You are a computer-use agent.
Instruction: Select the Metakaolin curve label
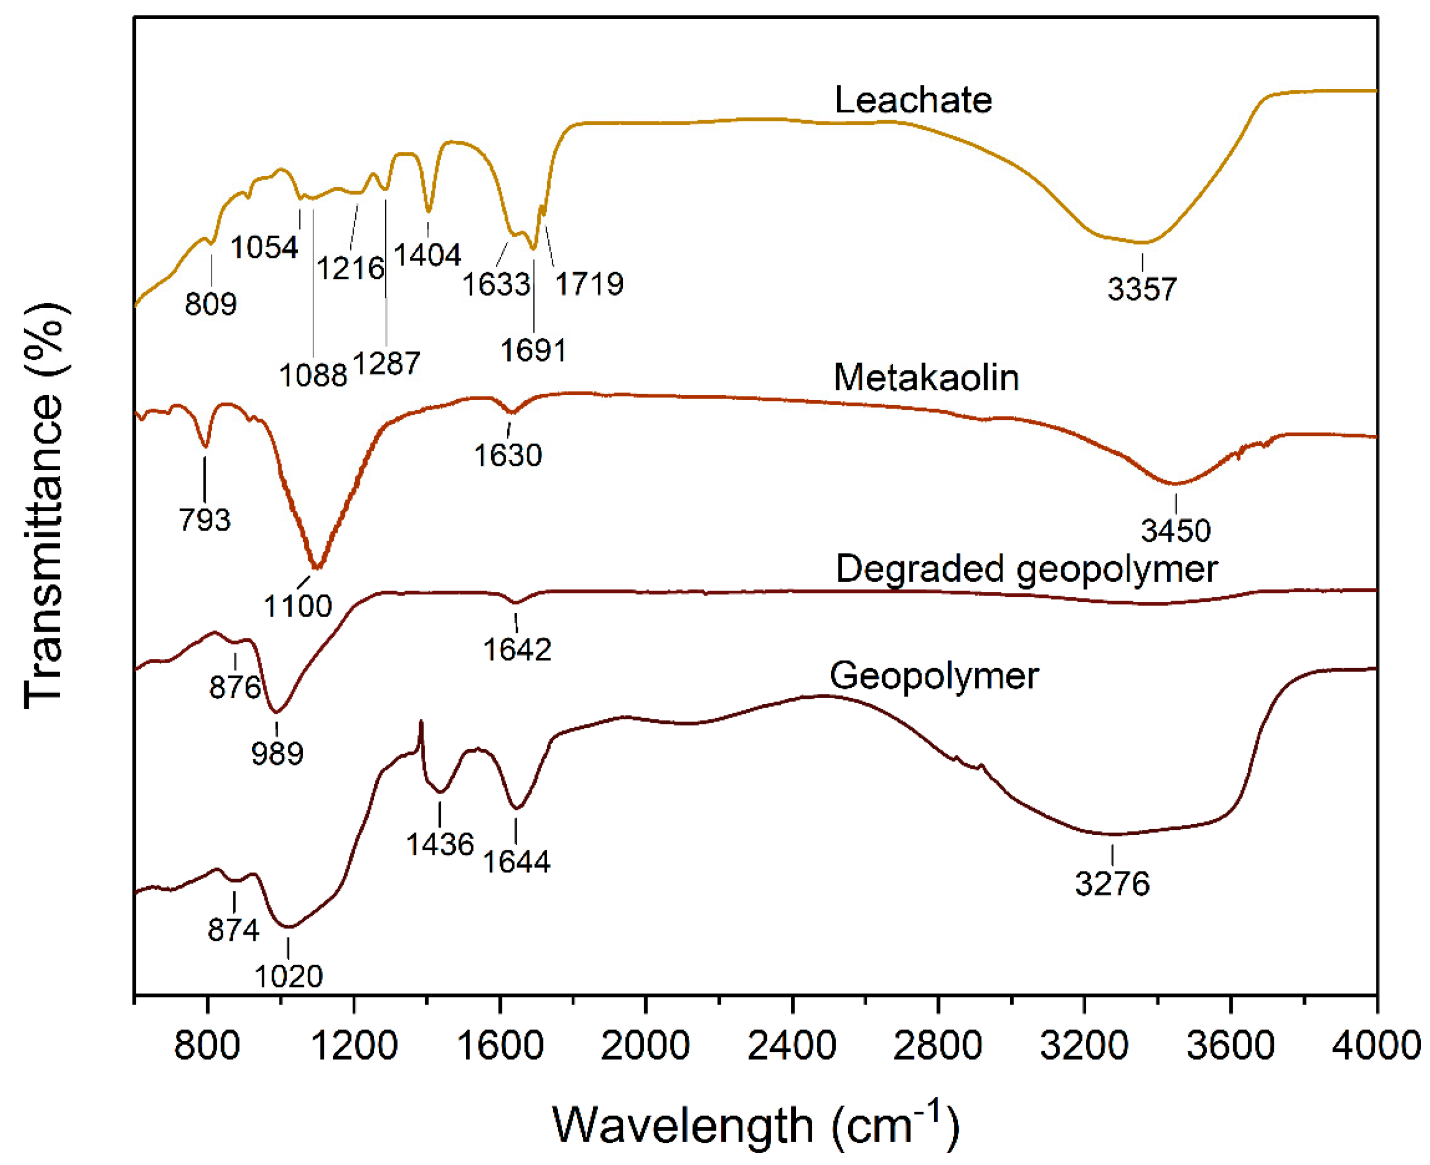(x=925, y=377)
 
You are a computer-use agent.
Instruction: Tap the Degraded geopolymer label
(x=1026, y=569)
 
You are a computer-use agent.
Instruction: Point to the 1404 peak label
(x=427, y=255)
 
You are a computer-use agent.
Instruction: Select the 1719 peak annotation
(x=589, y=284)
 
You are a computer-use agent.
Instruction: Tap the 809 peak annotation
(x=211, y=304)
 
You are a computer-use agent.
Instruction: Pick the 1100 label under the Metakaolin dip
(x=297, y=606)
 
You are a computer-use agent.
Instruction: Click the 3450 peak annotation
(x=1175, y=530)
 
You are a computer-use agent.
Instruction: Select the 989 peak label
(x=277, y=753)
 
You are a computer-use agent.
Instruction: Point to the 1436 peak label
(x=440, y=844)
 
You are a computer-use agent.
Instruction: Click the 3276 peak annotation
(x=1112, y=884)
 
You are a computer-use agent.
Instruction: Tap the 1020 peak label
(x=288, y=976)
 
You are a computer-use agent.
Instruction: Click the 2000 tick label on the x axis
(x=645, y=1045)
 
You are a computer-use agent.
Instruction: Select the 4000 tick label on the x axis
(x=1375, y=1045)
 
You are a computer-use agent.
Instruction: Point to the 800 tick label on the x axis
(x=207, y=1045)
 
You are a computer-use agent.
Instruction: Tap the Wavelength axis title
(x=755, y=1124)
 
